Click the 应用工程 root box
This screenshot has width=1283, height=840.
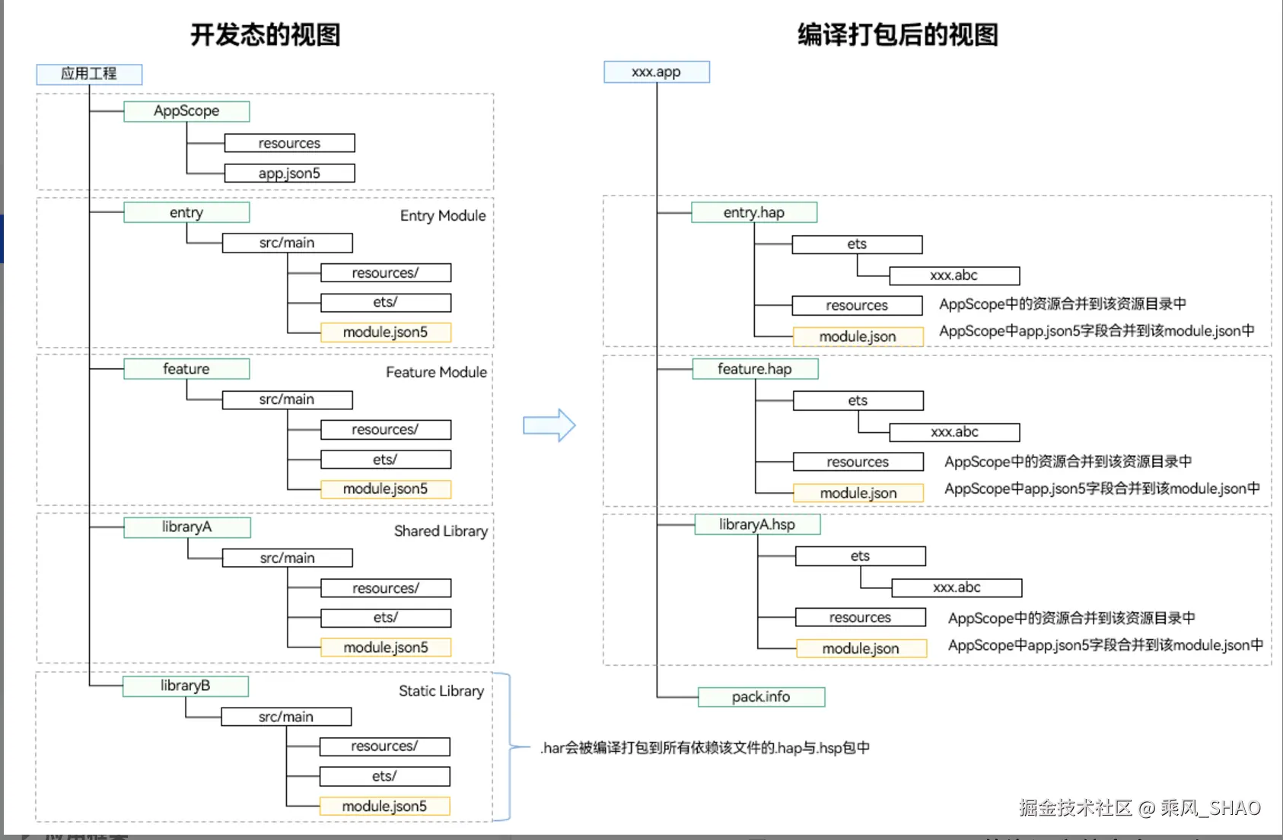click(89, 74)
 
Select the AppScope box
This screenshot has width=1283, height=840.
click(186, 111)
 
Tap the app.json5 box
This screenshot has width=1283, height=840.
click(289, 173)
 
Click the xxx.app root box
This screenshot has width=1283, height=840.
click(656, 72)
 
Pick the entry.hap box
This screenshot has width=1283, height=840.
click(753, 212)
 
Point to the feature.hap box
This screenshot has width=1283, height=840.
click(755, 369)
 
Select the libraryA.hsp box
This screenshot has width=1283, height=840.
click(757, 524)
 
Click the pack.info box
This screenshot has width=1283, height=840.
click(761, 697)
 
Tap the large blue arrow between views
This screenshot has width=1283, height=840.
click(549, 425)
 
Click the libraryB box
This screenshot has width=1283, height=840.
click(185, 686)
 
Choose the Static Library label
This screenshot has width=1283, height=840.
click(441, 691)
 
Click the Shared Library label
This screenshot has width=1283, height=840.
click(441, 531)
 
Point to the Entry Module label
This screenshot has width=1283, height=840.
click(443, 215)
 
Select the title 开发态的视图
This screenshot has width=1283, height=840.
click(265, 34)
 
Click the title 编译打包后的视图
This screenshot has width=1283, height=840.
click(897, 34)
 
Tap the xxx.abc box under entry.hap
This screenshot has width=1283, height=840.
click(954, 275)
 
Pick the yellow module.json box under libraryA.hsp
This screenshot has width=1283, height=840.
click(861, 648)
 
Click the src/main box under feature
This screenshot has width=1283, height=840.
click(287, 399)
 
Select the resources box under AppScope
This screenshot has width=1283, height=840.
click(289, 143)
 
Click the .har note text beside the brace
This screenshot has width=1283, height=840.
click(705, 748)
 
